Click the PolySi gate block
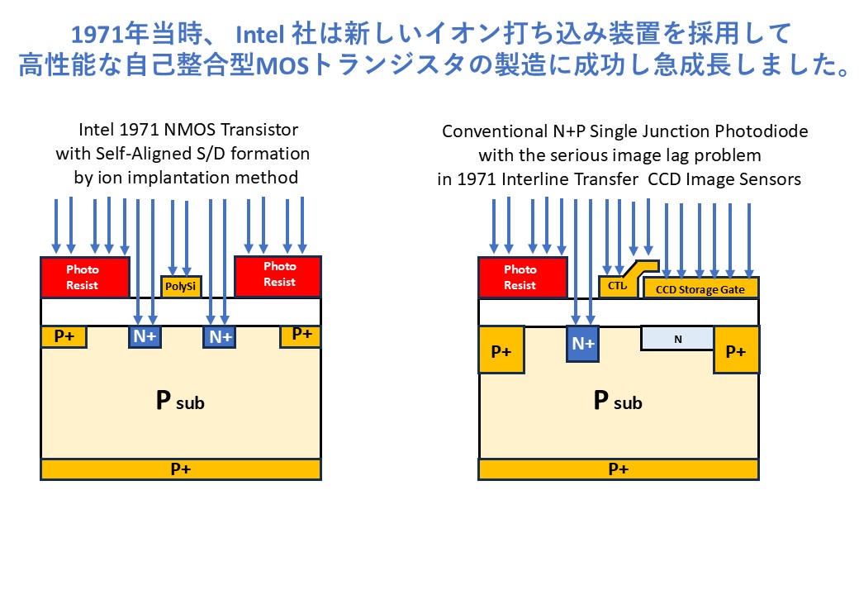pos(181,287)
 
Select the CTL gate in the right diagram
pos(619,285)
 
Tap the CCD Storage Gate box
pos(700,288)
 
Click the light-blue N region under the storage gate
pos(677,339)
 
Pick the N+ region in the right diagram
pos(582,344)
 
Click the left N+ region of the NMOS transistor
pos(145,336)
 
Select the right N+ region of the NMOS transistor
pos(220,336)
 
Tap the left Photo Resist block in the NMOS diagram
pos(85,277)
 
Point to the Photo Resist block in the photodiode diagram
pos(523,277)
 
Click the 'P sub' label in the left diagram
pos(180,401)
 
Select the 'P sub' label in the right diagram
pos(618,401)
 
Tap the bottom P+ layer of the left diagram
pos(181,469)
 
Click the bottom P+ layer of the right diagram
pos(619,469)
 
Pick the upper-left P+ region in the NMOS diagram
pos(64,336)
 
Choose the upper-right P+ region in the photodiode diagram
pos(736,350)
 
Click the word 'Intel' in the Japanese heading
pos(259,35)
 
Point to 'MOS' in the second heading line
pos(283,66)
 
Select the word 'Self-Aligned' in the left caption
pos(144,154)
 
